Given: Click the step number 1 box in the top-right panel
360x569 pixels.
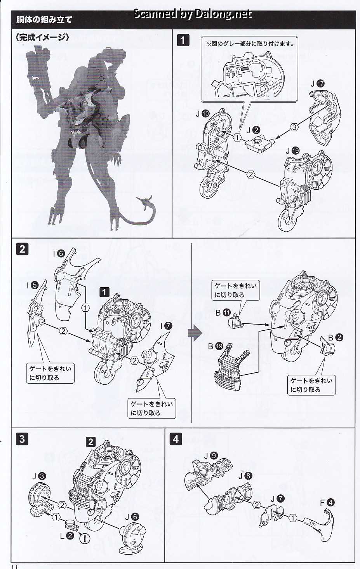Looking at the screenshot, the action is pyautogui.click(x=183, y=41).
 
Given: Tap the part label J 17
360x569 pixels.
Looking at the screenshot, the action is pyautogui.click(x=318, y=83).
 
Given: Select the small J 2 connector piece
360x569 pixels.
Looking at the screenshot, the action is pyautogui.click(x=260, y=143).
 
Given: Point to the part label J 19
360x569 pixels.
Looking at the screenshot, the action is pyautogui.click(x=292, y=151).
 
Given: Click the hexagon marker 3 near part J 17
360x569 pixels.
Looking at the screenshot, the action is pyautogui.click(x=294, y=127).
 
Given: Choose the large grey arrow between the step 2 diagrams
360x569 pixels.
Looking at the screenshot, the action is pyautogui.click(x=195, y=333).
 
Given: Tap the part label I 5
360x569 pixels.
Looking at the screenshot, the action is pyautogui.click(x=33, y=286).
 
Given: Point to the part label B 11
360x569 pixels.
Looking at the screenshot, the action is pyautogui.click(x=223, y=313).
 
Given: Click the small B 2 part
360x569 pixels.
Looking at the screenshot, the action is pyautogui.click(x=327, y=346).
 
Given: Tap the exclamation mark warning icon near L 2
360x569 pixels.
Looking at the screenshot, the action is pyautogui.click(x=85, y=538).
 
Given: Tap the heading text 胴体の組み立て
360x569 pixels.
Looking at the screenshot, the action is pyautogui.click(x=44, y=19).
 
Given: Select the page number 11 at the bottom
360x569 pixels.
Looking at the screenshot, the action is pyautogui.click(x=14, y=566).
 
